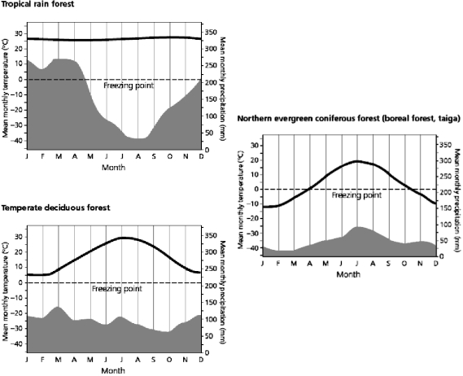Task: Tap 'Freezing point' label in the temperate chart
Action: point(116,288)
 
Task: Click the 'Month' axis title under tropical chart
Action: point(113,167)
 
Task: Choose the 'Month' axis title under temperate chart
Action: point(113,370)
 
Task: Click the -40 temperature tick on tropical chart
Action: point(17,141)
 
